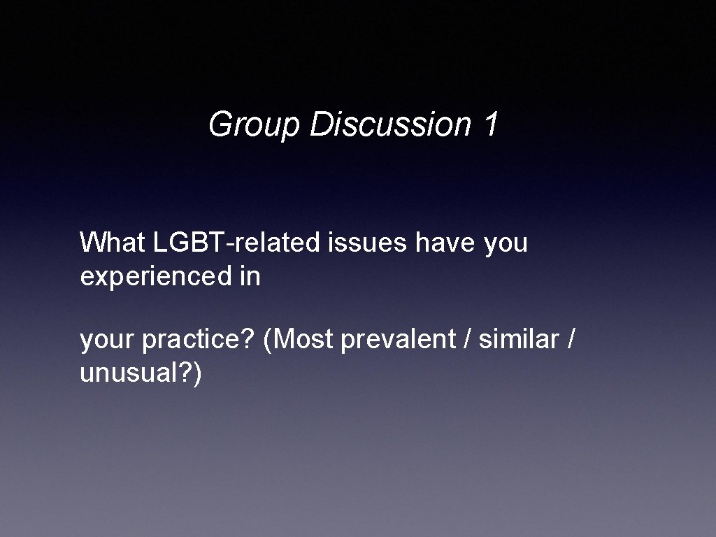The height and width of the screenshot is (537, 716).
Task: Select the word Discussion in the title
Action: [x=390, y=124]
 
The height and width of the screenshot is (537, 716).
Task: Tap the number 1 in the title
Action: [x=490, y=124]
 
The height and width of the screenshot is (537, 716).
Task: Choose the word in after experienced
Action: [x=249, y=277]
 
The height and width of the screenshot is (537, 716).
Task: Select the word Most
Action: [x=303, y=340]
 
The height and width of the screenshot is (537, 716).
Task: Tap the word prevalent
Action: [x=397, y=341]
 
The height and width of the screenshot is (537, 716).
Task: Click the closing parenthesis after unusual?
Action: [x=198, y=374]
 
